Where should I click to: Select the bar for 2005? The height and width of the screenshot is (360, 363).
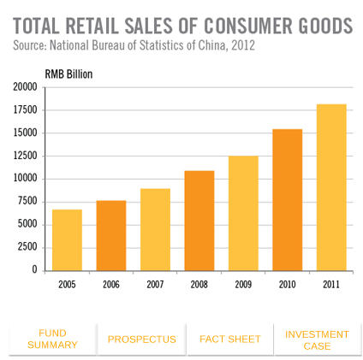(x=67, y=239)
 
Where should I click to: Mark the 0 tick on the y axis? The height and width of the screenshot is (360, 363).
(x=34, y=270)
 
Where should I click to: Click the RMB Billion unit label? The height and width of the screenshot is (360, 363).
(x=68, y=74)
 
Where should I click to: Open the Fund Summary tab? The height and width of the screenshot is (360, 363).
(x=52, y=339)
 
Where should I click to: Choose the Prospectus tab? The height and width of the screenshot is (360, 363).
(x=141, y=339)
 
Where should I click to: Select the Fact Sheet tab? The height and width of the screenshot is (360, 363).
(x=229, y=339)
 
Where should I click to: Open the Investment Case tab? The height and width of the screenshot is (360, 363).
(x=317, y=339)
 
